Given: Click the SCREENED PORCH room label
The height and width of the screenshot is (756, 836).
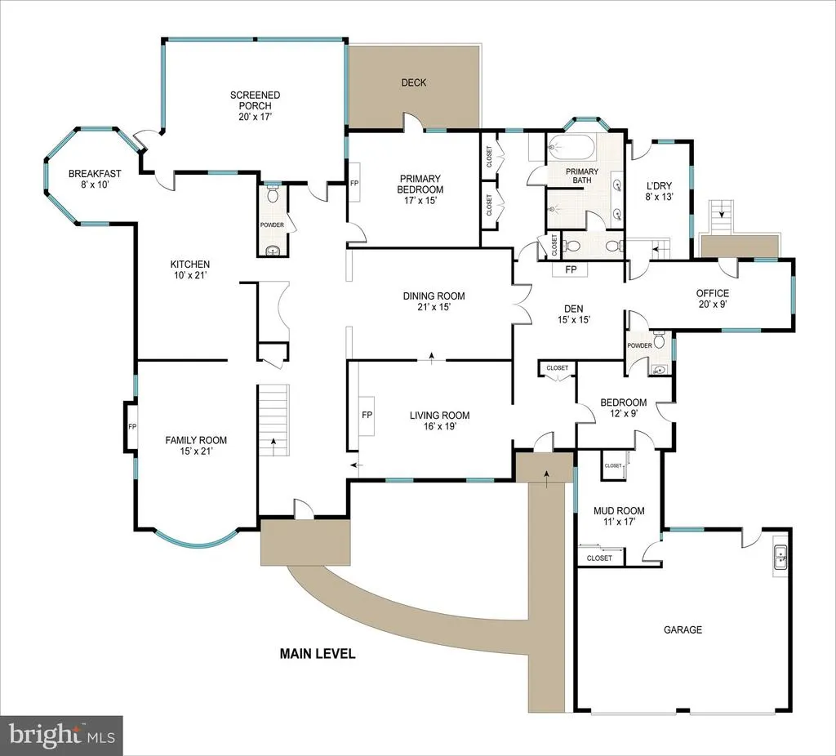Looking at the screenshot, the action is click(x=255, y=100).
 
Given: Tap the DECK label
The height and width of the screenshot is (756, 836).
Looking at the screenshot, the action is click(x=414, y=82).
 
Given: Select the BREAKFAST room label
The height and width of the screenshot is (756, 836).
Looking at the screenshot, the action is click(x=95, y=174).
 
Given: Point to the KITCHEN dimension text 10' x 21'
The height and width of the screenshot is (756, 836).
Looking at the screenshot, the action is click(x=189, y=276).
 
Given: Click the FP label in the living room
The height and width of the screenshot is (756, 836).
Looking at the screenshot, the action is click(x=367, y=415).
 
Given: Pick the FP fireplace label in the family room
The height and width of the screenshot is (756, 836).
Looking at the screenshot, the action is click(x=132, y=426).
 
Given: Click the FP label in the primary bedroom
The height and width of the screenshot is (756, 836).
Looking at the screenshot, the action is click(x=354, y=184).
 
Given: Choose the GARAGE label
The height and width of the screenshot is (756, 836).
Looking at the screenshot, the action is click(x=683, y=629).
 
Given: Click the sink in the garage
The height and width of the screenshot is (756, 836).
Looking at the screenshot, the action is click(x=780, y=558).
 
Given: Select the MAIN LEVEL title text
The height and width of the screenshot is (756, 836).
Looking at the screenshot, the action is click(x=318, y=654).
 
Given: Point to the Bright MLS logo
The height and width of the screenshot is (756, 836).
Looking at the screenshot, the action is click(x=62, y=736).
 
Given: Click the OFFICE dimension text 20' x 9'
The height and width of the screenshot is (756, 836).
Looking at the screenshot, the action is click(x=713, y=305).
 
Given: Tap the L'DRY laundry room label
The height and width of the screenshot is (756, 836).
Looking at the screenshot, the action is click(x=660, y=186).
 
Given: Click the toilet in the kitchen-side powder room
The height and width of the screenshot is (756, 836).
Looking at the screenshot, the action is click(x=273, y=194).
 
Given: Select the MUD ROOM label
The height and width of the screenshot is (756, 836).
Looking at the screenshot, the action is click(x=619, y=511).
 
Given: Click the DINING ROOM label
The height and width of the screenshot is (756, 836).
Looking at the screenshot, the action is click(x=434, y=296).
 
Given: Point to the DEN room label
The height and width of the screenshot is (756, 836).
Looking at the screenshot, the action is click(x=574, y=309).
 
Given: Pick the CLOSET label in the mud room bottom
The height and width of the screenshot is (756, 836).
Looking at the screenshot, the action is click(x=599, y=558).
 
